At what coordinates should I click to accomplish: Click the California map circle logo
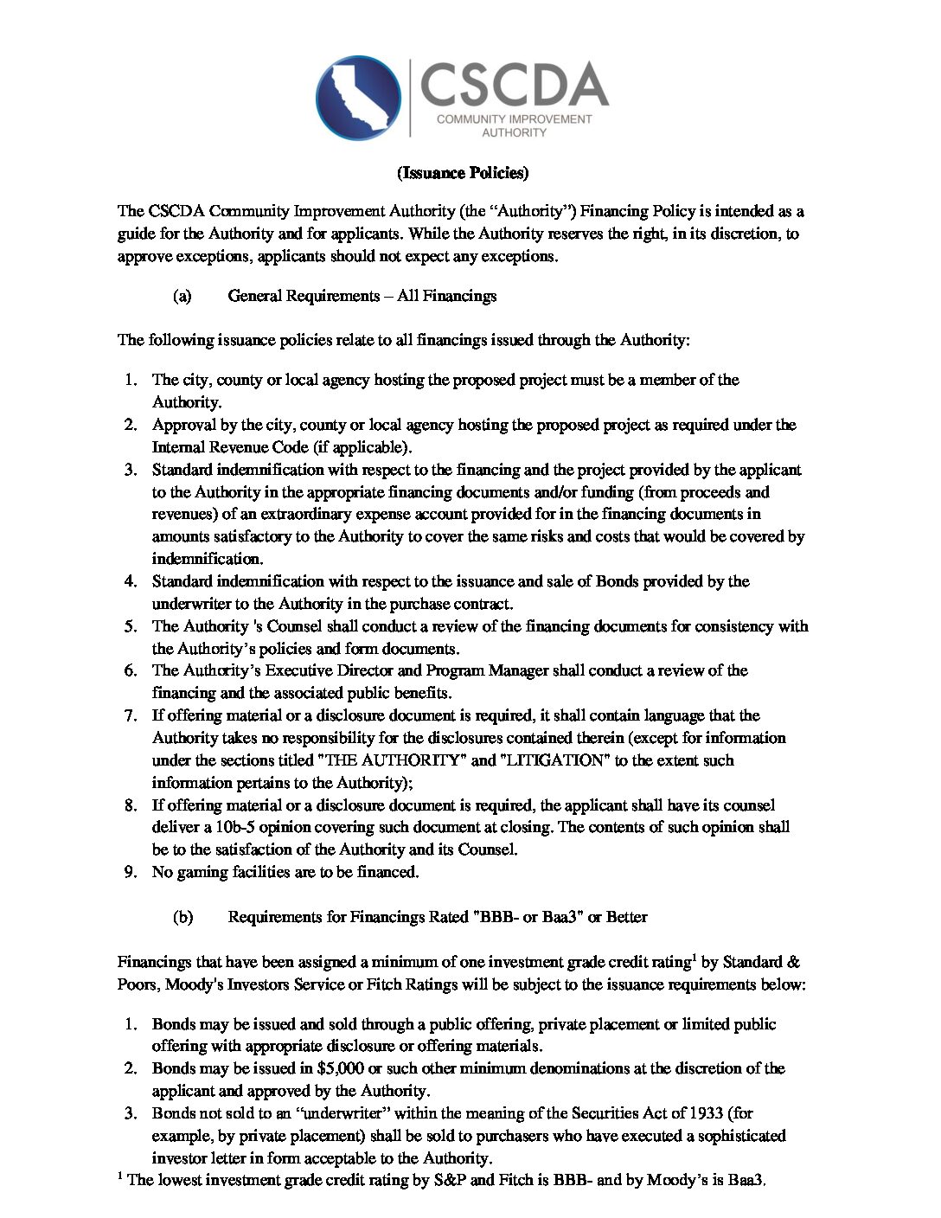point(358,98)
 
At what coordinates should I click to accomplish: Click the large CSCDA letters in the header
point(514,84)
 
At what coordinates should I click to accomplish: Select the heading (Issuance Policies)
point(463,173)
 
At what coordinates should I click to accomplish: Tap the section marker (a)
point(182,297)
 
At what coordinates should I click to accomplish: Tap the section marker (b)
point(182,917)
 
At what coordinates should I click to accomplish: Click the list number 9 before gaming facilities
point(131,872)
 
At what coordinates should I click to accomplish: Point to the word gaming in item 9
point(200,872)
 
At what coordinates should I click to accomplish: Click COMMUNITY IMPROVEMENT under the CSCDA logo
point(514,119)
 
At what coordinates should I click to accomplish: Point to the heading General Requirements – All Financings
point(362,297)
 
